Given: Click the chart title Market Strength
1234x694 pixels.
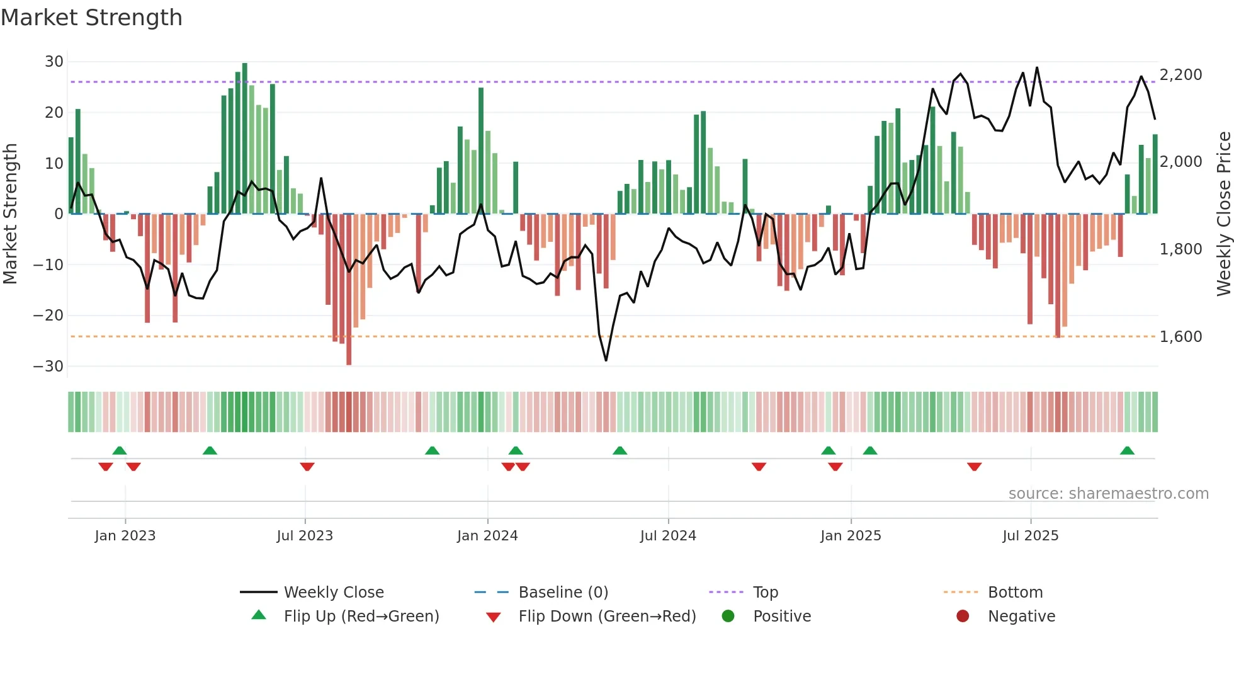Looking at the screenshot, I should coord(91,18).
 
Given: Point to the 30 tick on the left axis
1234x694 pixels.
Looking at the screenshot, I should coord(54,62).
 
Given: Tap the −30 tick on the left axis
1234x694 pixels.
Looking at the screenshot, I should coord(48,367).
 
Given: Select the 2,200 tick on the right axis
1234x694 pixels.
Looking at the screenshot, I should coord(1180,75).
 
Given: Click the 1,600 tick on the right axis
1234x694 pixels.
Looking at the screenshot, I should coord(1180,337).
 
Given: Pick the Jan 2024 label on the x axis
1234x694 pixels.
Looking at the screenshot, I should coord(487,536).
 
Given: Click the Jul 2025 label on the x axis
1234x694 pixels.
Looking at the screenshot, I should coord(1030,536).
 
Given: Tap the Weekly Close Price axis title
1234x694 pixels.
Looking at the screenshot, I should coord(1223,214).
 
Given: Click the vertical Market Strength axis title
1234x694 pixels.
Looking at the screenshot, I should coord(11,214).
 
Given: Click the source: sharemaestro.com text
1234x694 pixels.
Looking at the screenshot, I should coord(1108,494).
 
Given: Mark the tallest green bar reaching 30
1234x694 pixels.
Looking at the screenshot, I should coord(245,139).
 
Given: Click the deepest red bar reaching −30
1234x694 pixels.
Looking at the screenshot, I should coord(349,290).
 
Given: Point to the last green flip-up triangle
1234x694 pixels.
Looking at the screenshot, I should coord(1127,451).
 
